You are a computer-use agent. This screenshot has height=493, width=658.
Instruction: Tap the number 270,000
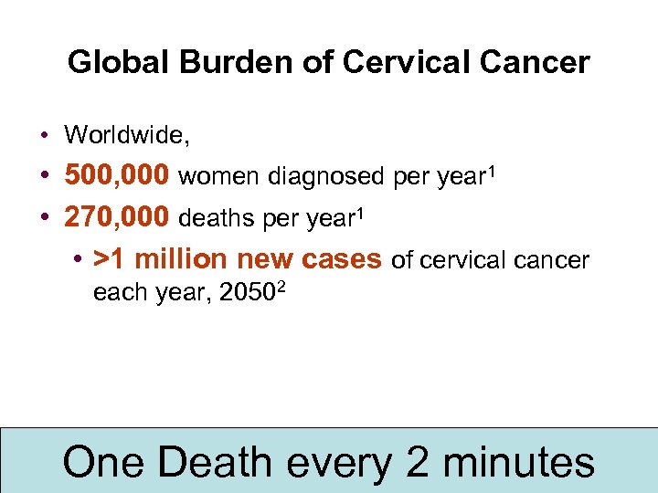click(117, 218)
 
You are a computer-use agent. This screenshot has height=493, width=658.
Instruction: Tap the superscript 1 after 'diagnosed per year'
click(490, 169)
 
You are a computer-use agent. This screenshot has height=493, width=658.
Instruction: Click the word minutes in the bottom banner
click(518, 461)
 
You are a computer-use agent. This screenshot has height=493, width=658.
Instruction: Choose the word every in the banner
click(341, 463)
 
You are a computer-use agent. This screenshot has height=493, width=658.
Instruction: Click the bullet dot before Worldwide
click(45, 137)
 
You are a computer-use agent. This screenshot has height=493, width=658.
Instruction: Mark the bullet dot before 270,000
click(45, 219)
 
